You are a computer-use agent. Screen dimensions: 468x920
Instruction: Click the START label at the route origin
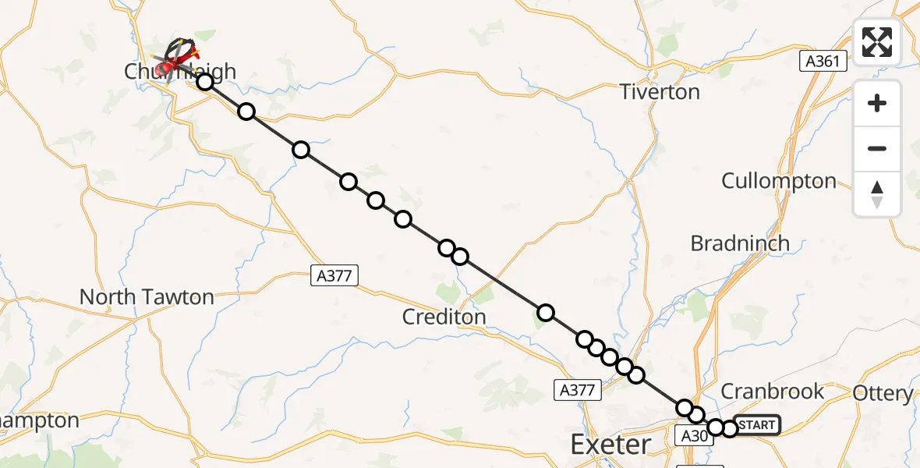click(x=756, y=425)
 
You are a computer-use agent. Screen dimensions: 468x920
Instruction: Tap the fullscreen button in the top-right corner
click(x=877, y=42)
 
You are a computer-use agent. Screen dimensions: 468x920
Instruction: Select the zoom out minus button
click(x=877, y=148)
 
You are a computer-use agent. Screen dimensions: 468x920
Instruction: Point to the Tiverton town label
click(x=660, y=92)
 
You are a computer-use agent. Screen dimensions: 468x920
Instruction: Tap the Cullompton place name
click(x=778, y=181)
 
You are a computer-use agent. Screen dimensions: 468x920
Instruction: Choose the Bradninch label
click(x=740, y=243)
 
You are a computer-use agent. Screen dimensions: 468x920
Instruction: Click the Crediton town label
click(x=444, y=317)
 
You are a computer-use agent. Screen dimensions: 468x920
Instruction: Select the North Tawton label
click(x=147, y=297)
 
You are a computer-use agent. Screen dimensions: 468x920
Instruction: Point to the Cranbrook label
click(x=773, y=392)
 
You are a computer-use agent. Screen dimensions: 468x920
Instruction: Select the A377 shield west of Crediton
click(x=334, y=275)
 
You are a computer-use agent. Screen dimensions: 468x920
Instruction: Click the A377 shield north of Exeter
click(x=579, y=390)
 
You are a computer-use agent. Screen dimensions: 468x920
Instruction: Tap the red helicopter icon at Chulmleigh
click(x=169, y=67)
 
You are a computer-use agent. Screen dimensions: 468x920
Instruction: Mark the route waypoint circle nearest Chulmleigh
click(x=204, y=82)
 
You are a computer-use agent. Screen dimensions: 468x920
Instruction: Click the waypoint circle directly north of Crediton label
click(x=459, y=256)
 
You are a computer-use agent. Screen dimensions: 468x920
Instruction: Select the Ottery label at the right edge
click(x=883, y=393)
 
